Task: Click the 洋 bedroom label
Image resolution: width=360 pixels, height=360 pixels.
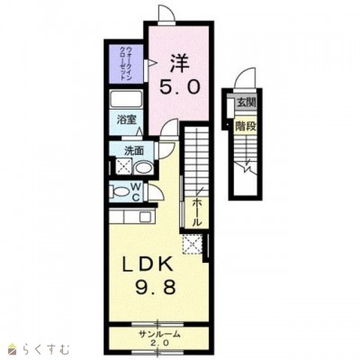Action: (x=180, y=63)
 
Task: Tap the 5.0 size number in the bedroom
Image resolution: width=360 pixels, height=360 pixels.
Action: (x=179, y=87)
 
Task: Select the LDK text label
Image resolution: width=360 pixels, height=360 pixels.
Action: (x=148, y=265)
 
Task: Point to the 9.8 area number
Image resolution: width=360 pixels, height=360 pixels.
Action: (x=155, y=288)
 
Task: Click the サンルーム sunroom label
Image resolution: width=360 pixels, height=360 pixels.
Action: (x=159, y=334)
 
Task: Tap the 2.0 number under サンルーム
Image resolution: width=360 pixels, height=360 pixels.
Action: (x=159, y=343)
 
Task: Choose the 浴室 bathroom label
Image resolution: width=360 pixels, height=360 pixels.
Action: (x=127, y=120)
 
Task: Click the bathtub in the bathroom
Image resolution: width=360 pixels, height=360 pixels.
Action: (x=126, y=99)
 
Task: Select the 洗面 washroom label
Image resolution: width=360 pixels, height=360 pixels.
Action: (x=134, y=151)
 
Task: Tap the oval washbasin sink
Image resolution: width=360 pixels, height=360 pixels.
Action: (x=143, y=167)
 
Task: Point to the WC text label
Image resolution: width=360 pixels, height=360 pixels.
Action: (x=137, y=193)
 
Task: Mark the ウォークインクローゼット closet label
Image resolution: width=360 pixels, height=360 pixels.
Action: (x=126, y=63)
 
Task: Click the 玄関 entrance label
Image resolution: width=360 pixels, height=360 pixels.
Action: (x=247, y=103)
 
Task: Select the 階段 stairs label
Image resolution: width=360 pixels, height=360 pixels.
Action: (x=246, y=126)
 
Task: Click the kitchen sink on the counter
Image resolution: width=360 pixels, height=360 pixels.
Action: (x=146, y=217)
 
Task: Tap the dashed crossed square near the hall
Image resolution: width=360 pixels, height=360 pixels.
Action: (x=193, y=244)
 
